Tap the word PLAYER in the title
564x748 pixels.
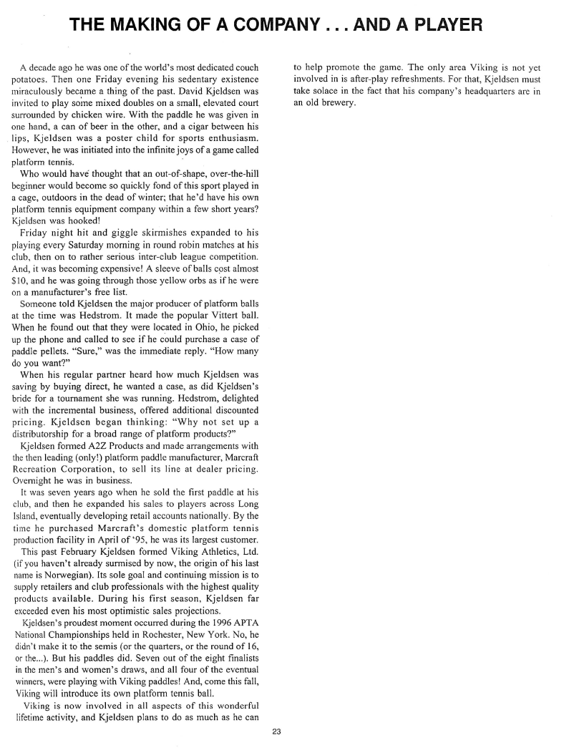pyautogui.click(x=439, y=26)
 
